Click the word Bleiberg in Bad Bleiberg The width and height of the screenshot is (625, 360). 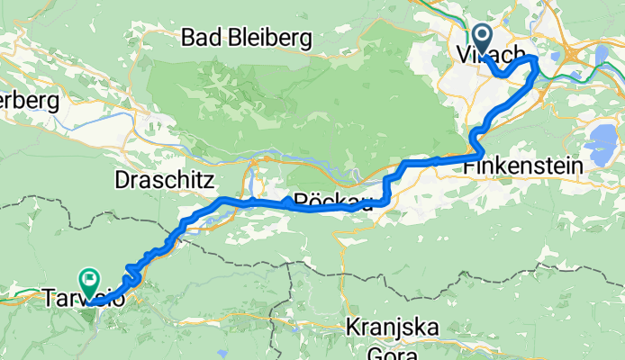tap(268, 38)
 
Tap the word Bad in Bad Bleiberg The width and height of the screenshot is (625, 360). tap(201, 38)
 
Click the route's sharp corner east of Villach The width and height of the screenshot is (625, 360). tap(537, 59)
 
